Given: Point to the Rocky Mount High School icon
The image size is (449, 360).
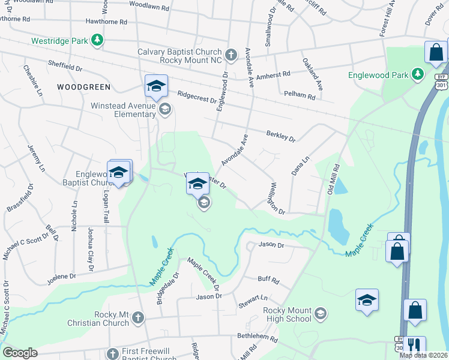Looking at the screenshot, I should pos(321,313).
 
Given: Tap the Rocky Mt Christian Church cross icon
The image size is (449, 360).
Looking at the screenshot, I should pos(138,317).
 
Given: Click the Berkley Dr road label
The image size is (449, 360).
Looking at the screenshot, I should pos(280,137).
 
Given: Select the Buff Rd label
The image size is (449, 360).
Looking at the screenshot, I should pos(268,280).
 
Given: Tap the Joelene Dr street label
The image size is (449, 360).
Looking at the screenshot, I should pos(61,276).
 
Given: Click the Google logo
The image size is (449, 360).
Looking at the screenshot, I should pos(20,353).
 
